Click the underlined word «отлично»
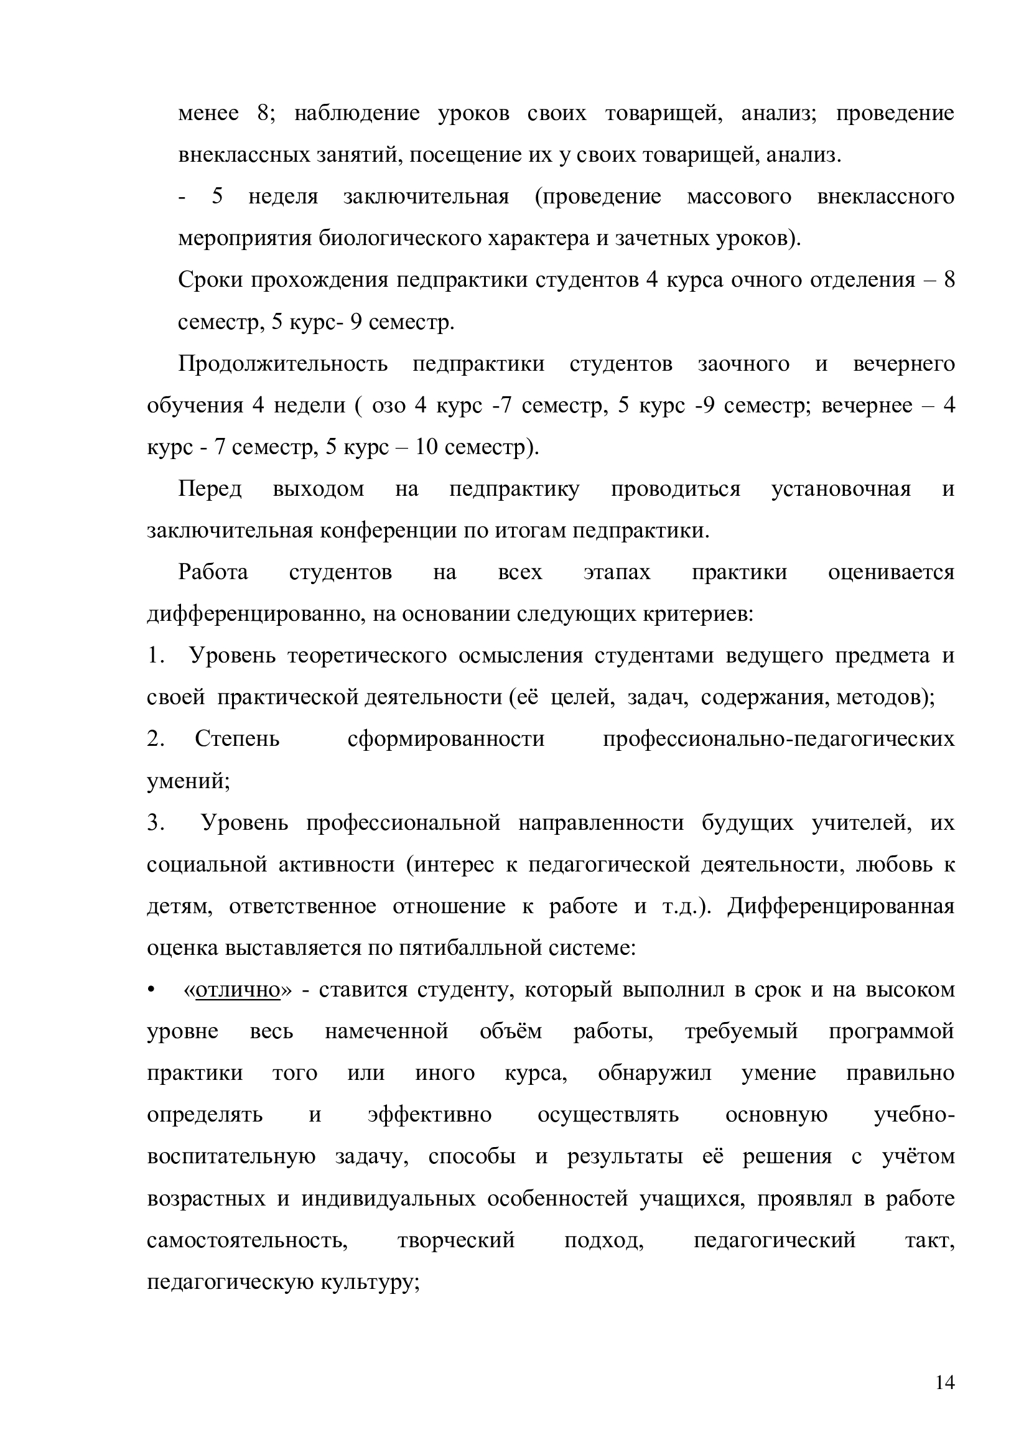(x=238, y=990)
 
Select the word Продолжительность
(x=282, y=364)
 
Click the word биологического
(x=402, y=238)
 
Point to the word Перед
(x=210, y=488)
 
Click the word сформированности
(x=446, y=739)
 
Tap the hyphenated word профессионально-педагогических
(x=778, y=739)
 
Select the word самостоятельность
(x=248, y=1240)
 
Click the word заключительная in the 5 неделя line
(x=426, y=197)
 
